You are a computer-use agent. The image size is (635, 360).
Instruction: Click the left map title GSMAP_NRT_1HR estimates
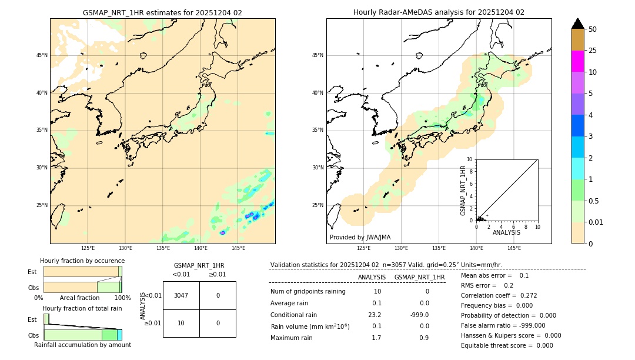coord(162,12)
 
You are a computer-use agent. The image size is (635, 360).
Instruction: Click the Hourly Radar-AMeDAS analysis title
coord(439,12)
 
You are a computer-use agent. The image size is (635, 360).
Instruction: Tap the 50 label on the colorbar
coord(593,29)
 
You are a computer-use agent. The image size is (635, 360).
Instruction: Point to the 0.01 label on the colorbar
coord(596,222)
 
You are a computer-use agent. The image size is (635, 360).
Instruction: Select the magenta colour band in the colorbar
coord(577,61)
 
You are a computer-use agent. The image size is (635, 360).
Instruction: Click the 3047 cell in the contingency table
coord(181,295)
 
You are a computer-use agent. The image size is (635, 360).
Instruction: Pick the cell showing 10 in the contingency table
coord(181,323)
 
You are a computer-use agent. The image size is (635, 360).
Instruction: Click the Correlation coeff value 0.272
coord(524,295)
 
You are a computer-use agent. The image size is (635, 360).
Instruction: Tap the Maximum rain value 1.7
coord(376,338)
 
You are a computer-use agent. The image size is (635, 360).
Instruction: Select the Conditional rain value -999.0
coord(419,315)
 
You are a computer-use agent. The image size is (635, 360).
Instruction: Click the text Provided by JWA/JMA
coord(360,238)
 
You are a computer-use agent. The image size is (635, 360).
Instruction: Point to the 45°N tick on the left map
coord(42,55)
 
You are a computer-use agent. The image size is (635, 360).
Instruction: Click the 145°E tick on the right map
coord(514,248)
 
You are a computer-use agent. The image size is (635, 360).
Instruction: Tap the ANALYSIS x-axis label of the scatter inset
coord(506,232)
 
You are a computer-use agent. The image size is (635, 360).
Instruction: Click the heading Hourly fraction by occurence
coord(82,261)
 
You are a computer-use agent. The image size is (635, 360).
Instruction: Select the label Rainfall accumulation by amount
coord(82,345)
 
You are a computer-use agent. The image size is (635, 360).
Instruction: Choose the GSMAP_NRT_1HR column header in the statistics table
coord(419,277)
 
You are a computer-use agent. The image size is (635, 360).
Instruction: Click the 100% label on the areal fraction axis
coord(122,298)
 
